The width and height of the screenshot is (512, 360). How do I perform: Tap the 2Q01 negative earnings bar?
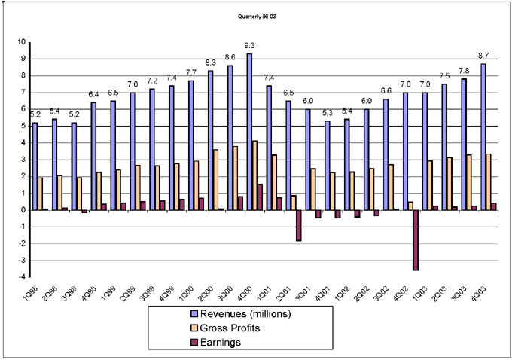(298, 225)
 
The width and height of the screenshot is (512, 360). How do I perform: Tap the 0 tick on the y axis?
(21, 210)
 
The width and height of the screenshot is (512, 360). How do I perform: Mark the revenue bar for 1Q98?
(35, 166)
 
